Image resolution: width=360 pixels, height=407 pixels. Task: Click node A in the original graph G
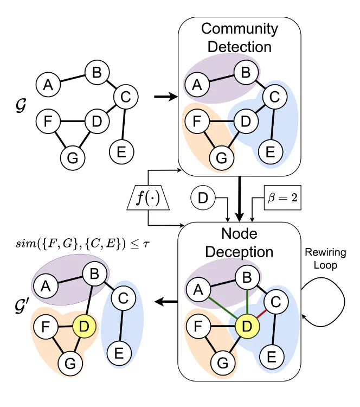[48, 85]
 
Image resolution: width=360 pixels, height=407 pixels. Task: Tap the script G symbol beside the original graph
[15, 103]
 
